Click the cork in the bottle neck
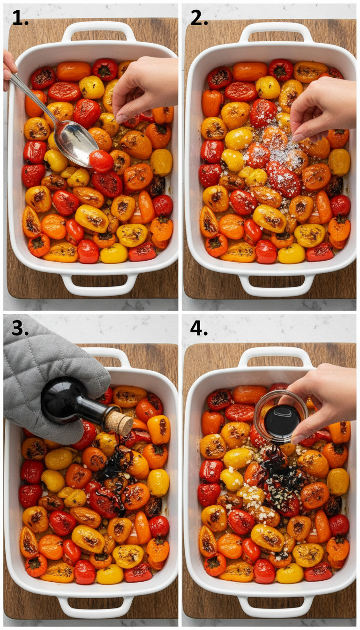point(119,423)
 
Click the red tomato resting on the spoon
point(101,161)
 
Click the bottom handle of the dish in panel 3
point(96,607)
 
